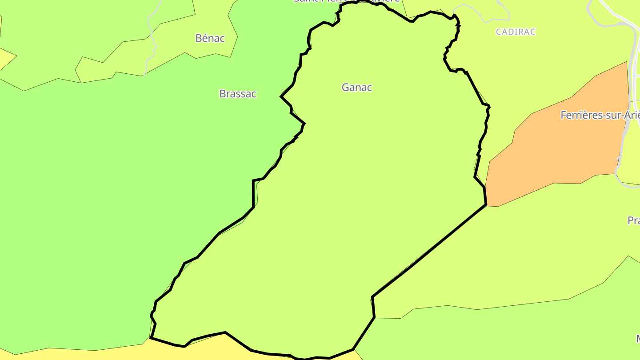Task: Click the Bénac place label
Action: [210, 38]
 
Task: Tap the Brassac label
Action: [238, 94]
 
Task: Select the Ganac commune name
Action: [356, 88]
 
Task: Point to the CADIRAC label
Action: [516, 32]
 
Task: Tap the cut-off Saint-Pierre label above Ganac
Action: [347, 1]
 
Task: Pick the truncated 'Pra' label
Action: [634, 220]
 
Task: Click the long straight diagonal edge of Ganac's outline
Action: [429, 251]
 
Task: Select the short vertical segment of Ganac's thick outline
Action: [253, 193]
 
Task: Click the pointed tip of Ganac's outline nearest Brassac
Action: [281, 96]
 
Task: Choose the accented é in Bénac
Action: [204, 38]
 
